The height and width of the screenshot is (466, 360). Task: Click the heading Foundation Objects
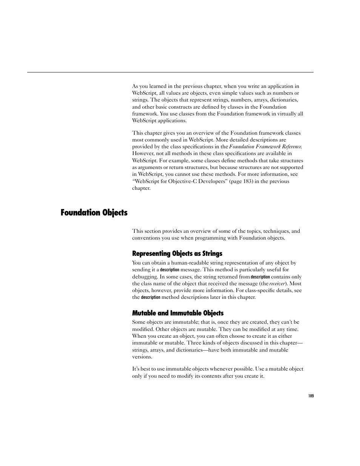94,213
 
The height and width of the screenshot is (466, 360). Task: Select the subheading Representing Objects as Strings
177,254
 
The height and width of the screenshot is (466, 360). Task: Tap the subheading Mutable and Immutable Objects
178,313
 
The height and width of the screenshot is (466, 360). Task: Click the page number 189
311,396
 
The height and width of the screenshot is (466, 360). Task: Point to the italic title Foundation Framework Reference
265,147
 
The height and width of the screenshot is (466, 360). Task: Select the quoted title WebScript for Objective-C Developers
180,181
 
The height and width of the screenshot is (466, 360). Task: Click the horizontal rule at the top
170,72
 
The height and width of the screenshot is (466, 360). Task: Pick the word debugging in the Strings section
145,277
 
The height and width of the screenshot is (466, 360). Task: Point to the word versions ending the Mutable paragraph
142,357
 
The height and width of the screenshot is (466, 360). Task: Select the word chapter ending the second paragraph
141,188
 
